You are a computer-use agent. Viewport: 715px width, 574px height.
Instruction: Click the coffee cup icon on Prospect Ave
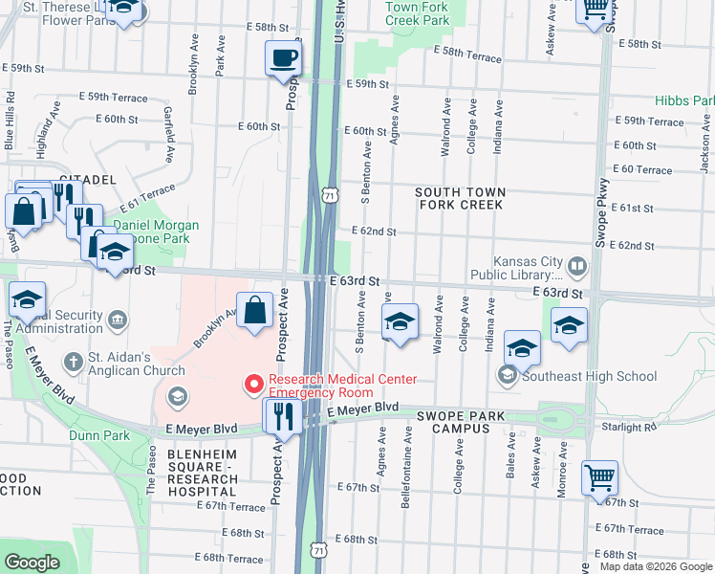point(283,59)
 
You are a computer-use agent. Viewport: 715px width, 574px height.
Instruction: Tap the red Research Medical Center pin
point(254,385)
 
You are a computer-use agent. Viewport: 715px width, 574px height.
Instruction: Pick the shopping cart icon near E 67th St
point(599,477)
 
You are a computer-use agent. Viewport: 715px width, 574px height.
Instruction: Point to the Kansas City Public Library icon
point(577,265)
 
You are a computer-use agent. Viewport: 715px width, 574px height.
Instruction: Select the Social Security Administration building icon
point(117,318)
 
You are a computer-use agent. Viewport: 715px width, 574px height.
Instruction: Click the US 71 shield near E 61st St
point(329,194)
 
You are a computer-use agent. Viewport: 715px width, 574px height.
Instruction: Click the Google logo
point(32,563)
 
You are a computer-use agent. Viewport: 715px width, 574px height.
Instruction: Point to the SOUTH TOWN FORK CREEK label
point(460,199)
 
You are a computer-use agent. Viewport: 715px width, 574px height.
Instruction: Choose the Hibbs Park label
point(683,100)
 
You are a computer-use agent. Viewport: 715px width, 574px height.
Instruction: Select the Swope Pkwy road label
point(602,201)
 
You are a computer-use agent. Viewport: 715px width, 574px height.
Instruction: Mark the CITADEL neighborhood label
point(87,179)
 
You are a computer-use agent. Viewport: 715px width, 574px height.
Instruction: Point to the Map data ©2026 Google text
point(656,566)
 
